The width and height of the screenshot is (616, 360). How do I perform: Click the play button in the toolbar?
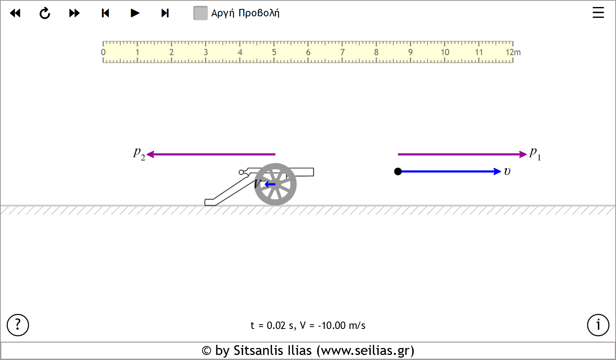coord(135,13)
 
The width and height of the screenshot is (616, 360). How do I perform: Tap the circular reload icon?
coord(45,13)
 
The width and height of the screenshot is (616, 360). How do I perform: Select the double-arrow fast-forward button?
coord(74,13)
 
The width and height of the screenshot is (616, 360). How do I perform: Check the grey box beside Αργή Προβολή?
coord(200,13)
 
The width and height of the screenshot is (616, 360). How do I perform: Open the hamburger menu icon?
coord(598,13)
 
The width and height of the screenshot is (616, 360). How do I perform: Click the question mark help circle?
coord(18,325)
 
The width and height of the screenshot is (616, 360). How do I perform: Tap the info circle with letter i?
coord(598,325)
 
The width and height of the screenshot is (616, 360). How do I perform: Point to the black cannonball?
coord(398,172)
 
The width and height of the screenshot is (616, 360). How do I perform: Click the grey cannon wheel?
coord(275,184)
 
